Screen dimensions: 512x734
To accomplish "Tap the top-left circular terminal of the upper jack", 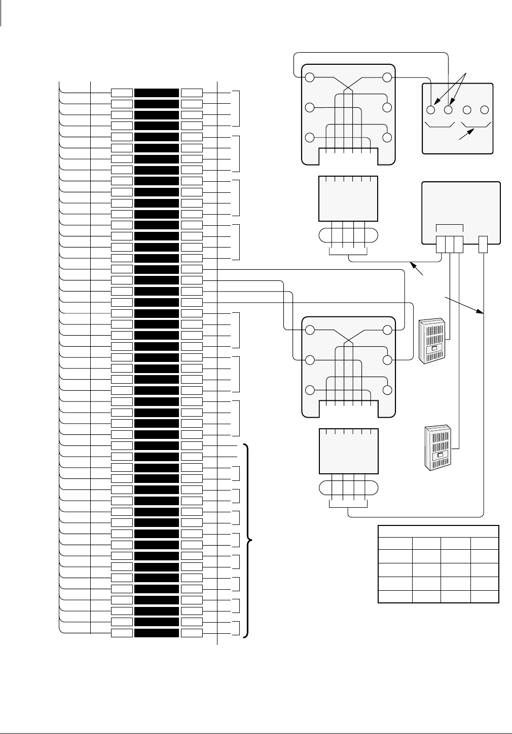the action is click(x=310, y=78).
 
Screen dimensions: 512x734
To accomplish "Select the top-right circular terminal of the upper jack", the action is click(x=387, y=78).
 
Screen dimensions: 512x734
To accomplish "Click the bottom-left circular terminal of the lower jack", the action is click(x=310, y=390).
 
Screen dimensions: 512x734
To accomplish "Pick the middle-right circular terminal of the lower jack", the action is click(x=387, y=360).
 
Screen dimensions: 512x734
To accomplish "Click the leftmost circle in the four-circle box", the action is click(x=432, y=109).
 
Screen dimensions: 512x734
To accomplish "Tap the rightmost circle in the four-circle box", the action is click(x=484, y=109).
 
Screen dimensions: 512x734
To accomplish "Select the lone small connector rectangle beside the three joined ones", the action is click(x=483, y=244).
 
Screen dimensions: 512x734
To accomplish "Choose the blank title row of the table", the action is click(x=438, y=531).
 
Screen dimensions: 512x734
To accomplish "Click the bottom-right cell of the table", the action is click(x=485, y=596).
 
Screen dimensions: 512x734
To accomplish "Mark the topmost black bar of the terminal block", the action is click(x=157, y=93).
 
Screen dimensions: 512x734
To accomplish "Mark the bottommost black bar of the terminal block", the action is click(x=157, y=633).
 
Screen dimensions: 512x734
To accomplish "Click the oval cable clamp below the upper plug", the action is click(x=348, y=236).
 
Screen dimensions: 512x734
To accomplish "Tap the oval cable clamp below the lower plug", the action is click(x=348, y=487).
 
